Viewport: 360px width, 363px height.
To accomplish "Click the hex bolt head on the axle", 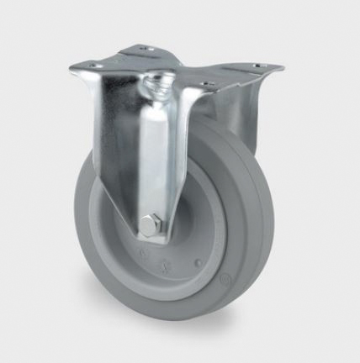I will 151,225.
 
